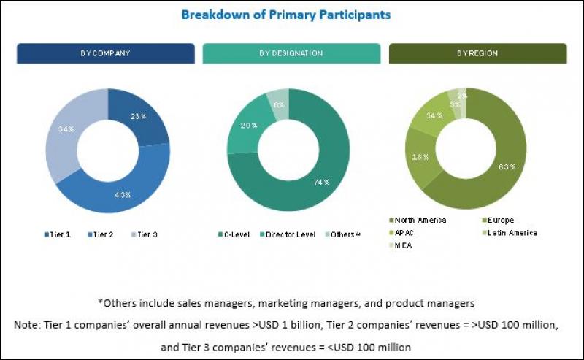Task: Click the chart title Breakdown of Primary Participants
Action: click(x=285, y=15)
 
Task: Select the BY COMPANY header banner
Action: click(x=106, y=54)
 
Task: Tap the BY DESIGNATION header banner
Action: click(x=291, y=54)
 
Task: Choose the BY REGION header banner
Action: click(x=477, y=54)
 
